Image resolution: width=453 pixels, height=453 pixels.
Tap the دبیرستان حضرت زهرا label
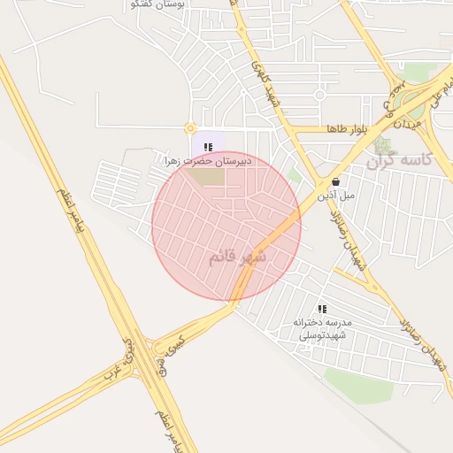click(x=208, y=162)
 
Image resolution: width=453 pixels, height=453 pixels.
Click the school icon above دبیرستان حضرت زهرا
click(x=208, y=147)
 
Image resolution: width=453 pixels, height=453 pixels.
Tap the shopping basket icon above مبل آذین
click(x=336, y=180)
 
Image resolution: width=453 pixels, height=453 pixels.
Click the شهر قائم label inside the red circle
click(x=238, y=257)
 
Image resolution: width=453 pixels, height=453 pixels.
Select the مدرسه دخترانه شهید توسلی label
click(x=323, y=328)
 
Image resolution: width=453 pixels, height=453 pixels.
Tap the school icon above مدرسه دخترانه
click(x=323, y=309)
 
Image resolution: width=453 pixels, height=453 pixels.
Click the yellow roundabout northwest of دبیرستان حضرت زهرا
click(x=190, y=129)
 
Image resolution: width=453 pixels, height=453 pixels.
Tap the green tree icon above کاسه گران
click(x=381, y=143)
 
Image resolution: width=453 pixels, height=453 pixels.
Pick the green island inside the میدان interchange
click(x=411, y=102)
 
